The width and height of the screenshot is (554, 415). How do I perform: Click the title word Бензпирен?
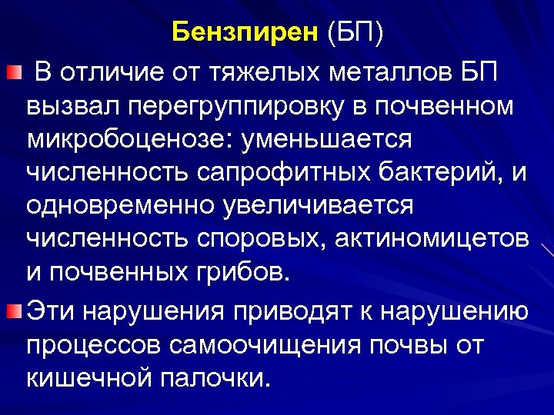point(243,34)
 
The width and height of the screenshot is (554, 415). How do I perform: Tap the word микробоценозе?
point(130,141)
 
